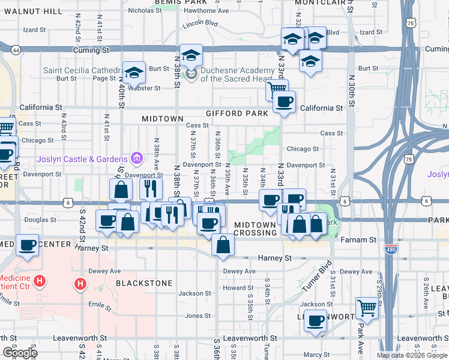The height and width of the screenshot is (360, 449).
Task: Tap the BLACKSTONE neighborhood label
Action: coord(144,283)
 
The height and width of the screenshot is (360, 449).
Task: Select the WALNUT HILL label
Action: coord(31,11)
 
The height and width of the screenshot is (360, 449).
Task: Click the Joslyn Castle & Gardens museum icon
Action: coord(137,158)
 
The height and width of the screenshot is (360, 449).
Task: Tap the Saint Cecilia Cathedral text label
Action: coord(79,70)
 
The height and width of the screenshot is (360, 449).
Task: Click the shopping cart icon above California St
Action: coord(277,89)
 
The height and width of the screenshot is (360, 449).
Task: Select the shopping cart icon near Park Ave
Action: coord(367,307)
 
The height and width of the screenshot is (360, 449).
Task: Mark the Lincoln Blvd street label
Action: coord(200,23)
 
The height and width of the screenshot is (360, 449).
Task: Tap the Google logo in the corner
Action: coord(19,353)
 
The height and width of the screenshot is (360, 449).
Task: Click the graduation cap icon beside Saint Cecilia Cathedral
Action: coord(134,72)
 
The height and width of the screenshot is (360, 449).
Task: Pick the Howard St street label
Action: coord(234,288)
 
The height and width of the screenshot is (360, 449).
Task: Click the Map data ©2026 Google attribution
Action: coord(412,355)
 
